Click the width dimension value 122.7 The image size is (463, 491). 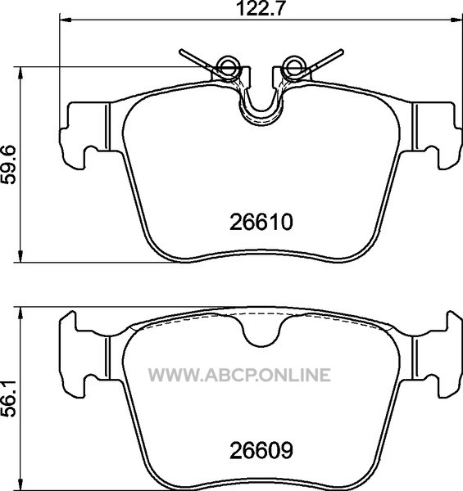pos(261,8)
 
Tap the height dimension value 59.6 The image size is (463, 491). pos(8,164)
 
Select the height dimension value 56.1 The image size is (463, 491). pos(8,399)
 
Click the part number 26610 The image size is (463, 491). pos(261,222)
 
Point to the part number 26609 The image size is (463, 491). pos(261,450)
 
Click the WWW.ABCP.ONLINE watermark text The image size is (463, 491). pos(239,375)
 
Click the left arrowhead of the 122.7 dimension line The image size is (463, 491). pos(66,20)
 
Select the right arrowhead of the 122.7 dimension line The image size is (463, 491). pos(456,20)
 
